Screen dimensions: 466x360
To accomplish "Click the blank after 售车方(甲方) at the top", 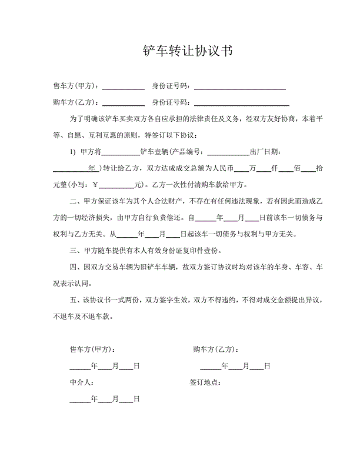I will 124,86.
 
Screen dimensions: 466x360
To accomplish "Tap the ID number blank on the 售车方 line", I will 240,86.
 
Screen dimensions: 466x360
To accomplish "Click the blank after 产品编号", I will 228,151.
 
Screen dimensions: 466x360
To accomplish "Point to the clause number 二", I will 74,201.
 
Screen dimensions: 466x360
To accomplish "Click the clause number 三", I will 74,251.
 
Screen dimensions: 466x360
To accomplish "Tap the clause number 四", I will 74,267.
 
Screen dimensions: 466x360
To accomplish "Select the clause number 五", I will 74,300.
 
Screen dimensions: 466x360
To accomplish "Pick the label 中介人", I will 81,382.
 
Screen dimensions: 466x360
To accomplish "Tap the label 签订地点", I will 205,382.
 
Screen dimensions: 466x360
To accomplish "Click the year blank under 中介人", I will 80,399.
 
